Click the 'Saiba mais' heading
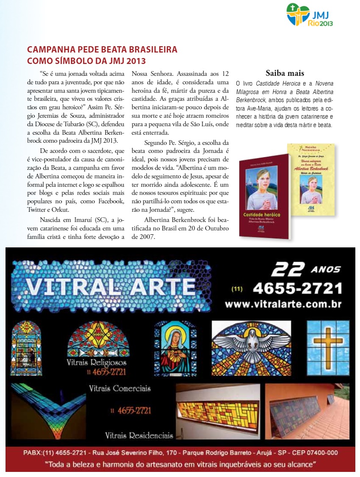(285, 73)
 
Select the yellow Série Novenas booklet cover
(311, 179)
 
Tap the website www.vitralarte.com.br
(283, 304)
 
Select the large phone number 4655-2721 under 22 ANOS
(297, 288)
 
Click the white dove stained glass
(251, 344)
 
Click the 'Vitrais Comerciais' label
(119, 388)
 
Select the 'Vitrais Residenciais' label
(139, 435)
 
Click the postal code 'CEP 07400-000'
(313, 452)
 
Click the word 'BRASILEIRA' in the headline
(149, 50)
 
